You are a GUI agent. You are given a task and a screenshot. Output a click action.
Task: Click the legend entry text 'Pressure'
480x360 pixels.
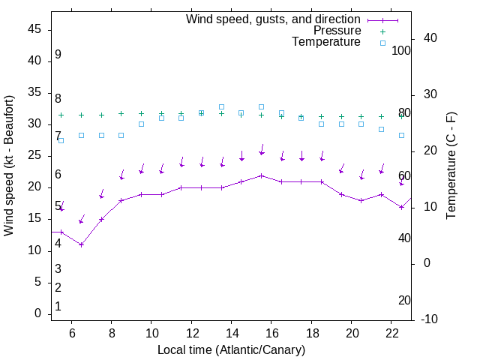point(337,31)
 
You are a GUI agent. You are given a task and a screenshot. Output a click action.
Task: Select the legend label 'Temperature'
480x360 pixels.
point(326,42)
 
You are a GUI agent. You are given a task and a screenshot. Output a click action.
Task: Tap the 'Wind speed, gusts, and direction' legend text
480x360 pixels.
point(273,19)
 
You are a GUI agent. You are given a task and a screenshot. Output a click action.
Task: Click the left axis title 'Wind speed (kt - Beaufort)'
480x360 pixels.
point(9,166)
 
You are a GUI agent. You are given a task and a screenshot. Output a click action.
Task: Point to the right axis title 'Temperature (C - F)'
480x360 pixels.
point(451,166)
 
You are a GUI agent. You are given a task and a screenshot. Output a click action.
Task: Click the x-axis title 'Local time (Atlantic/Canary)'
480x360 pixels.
point(231,349)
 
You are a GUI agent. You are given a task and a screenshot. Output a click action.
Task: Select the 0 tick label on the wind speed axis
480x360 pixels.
point(39,313)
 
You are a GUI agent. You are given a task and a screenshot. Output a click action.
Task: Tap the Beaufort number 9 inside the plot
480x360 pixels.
point(58,55)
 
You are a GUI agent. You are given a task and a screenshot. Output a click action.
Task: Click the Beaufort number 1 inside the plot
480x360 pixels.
point(58,307)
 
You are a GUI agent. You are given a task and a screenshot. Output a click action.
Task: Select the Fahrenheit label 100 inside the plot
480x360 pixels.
point(401,50)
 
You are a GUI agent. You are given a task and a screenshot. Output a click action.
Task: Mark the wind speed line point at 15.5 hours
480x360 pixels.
point(262,175)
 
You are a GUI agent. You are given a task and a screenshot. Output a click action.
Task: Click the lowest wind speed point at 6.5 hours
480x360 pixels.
point(82,244)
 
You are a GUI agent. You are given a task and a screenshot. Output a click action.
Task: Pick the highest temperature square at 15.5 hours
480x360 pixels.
point(262,106)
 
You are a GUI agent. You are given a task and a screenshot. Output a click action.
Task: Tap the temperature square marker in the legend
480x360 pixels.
point(382,43)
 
